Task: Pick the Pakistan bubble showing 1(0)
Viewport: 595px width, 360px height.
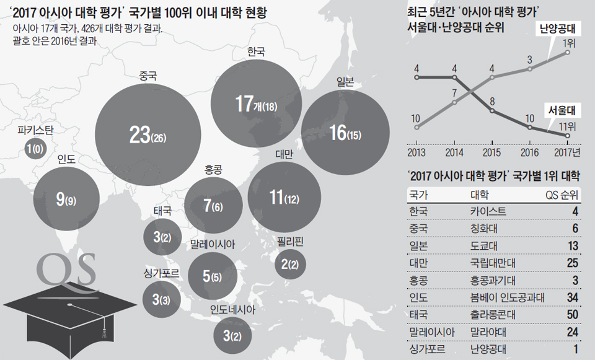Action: point(35,149)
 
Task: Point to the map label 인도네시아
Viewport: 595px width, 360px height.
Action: point(232,308)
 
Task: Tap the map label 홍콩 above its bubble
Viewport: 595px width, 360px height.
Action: point(213,169)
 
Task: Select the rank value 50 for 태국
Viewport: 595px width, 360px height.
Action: point(571,315)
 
